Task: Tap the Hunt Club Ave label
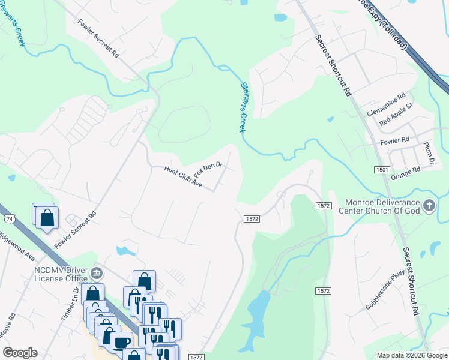point(184,177)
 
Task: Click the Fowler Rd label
point(394,140)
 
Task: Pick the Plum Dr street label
point(429,154)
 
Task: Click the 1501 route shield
point(382,170)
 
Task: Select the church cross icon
point(429,206)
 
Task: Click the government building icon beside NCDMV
point(96,275)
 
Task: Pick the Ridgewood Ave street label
point(18,245)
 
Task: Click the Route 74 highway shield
point(8,217)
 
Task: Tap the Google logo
point(20,353)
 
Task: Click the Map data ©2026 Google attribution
point(412,355)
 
